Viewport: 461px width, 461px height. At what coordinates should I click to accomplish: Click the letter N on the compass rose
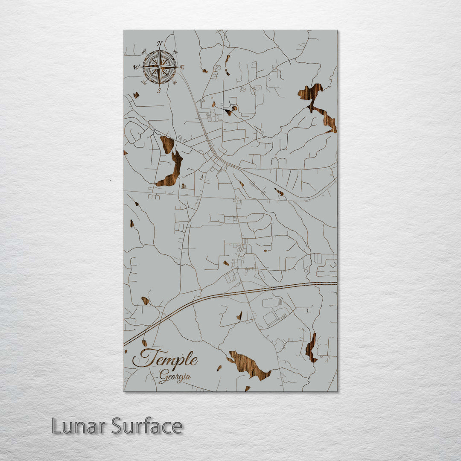159,43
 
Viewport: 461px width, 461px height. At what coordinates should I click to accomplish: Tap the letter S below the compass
159,90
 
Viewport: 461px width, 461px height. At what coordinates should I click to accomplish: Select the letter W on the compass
136,67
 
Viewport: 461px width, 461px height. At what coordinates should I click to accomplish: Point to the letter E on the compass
182,67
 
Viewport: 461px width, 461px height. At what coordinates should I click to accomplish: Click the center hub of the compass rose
159,67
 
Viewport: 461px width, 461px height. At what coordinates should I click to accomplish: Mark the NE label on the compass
175,53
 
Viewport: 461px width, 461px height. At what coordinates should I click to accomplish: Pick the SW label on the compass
144,82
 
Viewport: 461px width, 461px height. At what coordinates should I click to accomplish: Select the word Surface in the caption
147,426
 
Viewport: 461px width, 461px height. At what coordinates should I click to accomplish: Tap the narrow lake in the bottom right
311,348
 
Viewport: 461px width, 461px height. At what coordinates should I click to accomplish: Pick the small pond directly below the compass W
136,95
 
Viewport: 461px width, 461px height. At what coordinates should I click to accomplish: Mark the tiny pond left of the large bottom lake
219,368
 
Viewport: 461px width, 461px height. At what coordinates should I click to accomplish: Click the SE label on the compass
175,83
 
